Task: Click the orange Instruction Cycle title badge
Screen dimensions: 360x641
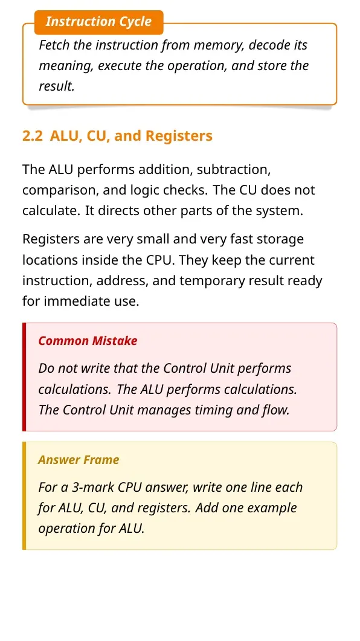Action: point(99,22)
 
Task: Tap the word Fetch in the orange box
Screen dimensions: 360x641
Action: point(54,45)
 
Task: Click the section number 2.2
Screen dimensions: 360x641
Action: point(32,136)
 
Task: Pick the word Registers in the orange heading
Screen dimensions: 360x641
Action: point(179,136)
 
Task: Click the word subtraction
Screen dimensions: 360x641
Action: point(233,169)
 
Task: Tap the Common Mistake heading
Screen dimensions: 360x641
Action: point(88,341)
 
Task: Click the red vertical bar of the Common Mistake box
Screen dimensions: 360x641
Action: point(24,377)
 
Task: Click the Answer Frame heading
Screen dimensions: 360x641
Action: point(79,460)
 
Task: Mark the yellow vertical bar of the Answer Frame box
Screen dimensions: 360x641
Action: point(24,496)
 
